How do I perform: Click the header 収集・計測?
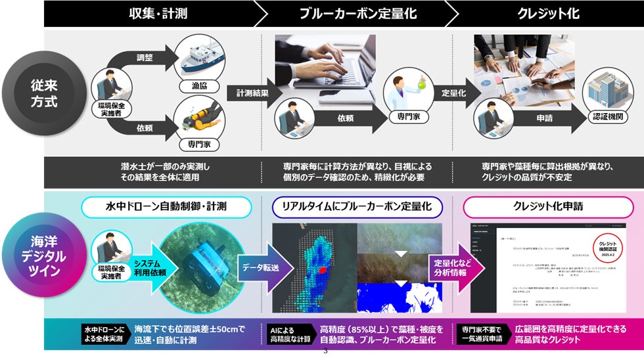(147, 13)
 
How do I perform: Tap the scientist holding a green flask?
(409, 91)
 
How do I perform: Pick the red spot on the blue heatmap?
(323, 269)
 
